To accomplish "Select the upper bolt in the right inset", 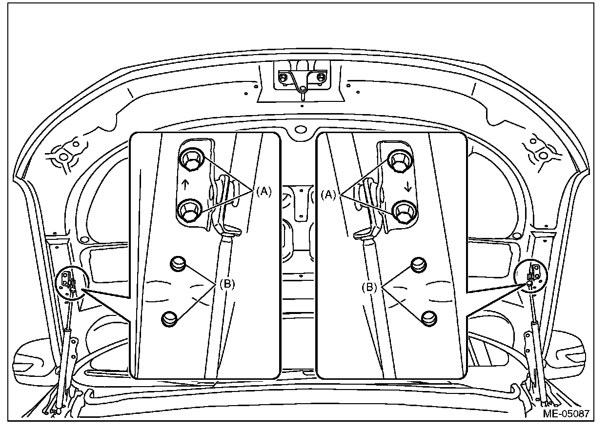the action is pyautogui.click(x=399, y=159).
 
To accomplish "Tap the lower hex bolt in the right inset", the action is pyautogui.click(x=404, y=211).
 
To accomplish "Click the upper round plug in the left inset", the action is pyautogui.click(x=179, y=264).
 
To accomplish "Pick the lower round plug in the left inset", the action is pyautogui.click(x=169, y=319).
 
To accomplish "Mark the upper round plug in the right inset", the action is pyautogui.click(x=419, y=264).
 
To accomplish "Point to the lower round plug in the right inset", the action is pyautogui.click(x=428, y=317).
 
